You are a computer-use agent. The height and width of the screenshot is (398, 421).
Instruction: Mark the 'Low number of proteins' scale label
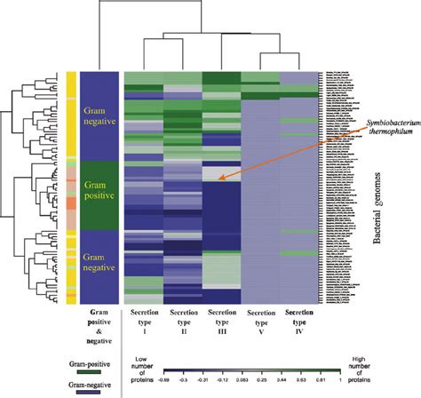point(146,366)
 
